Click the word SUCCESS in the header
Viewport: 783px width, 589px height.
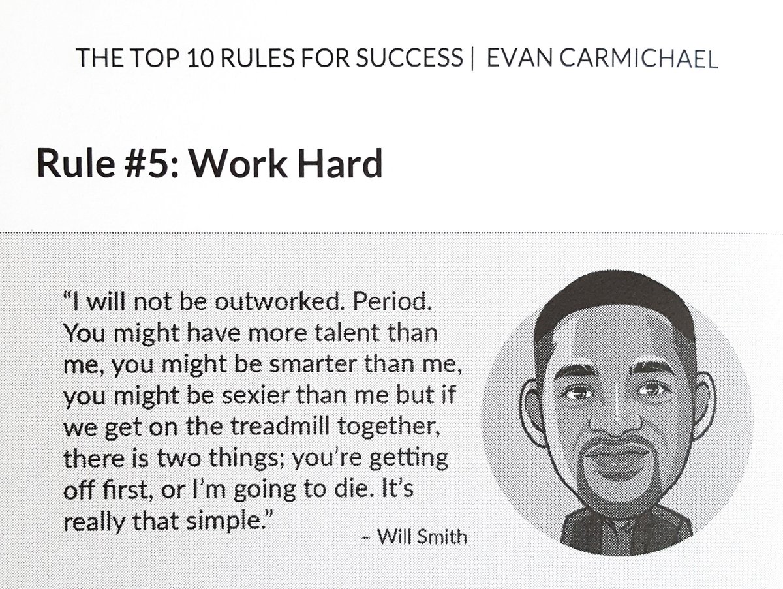409,57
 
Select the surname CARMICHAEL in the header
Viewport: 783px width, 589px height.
639,58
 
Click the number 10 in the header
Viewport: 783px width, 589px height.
200,58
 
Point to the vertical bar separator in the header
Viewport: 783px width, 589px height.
473,58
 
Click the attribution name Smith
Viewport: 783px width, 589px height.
442,537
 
